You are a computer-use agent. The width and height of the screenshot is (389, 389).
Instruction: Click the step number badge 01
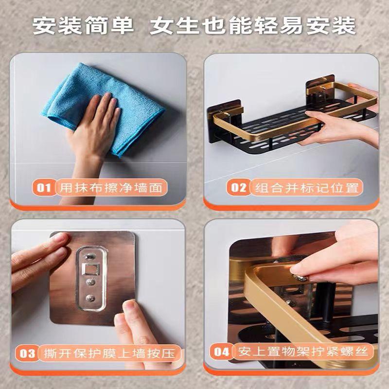44,188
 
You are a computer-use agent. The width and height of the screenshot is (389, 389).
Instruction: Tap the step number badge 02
238,188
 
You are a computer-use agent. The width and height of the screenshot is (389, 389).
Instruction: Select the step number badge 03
27,353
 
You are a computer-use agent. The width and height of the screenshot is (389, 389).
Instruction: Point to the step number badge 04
221,352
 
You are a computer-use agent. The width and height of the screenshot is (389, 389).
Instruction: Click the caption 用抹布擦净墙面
111,188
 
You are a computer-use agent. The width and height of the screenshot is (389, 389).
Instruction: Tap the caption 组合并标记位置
307,188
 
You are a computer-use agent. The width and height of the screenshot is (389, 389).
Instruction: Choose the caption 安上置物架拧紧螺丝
303,352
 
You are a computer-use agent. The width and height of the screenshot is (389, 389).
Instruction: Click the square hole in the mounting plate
91,269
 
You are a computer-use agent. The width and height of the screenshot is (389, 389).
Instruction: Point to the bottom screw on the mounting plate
90,298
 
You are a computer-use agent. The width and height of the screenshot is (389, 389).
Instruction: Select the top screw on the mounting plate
90,257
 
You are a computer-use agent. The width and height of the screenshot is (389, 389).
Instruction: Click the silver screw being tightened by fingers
300,278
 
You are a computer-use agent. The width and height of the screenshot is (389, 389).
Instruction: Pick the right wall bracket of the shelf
320,89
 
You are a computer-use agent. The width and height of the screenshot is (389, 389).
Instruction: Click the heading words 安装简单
83,26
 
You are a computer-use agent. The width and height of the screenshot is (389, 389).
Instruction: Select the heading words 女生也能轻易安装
252,26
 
